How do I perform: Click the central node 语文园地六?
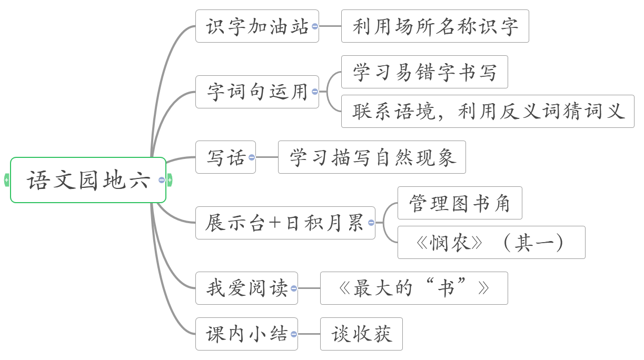coord(88,180)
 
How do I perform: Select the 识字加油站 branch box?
coord(256,26)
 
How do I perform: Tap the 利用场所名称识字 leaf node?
coord(434,26)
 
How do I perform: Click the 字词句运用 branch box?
coord(256,92)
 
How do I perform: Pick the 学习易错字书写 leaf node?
coord(424,72)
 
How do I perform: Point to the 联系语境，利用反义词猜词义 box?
coord(487,111)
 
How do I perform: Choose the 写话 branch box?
coord(225,157)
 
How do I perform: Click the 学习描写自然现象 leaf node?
coord(371,157)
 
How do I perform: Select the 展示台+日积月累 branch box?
coord(284,223)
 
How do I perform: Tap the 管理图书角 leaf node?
coord(459,203)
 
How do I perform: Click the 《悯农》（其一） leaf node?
coord(491,242)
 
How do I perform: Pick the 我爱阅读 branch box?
coord(246,288)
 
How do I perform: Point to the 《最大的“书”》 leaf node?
coord(413,288)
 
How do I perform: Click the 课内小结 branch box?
coord(246,334)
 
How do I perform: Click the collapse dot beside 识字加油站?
coord(315,26)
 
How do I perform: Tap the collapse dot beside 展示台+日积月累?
coord(371,223)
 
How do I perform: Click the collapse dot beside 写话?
coord(252,157)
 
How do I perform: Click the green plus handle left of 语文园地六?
coord(6,180)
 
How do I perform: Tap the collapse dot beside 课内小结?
coord(294,334)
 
